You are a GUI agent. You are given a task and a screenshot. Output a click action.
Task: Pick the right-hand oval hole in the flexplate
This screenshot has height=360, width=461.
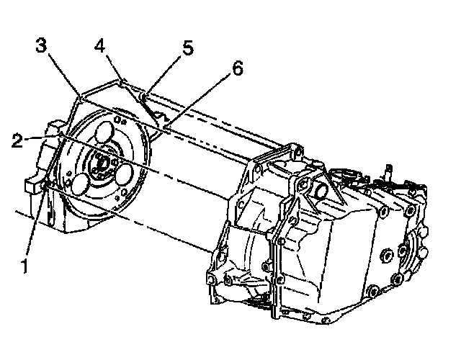[129, 176]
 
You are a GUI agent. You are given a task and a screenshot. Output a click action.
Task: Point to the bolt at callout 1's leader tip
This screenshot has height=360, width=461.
[45, 187]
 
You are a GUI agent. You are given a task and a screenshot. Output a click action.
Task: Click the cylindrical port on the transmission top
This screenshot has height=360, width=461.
[320, 192]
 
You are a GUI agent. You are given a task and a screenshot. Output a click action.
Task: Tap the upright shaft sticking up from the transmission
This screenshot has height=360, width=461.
[386, 173]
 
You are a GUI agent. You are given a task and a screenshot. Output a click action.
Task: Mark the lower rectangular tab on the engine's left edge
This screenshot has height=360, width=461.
[30, 185]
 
